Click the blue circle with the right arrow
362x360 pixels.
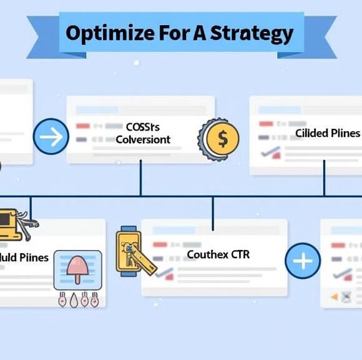click(x=51, y=136)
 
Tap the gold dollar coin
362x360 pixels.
click(x=221, y=138)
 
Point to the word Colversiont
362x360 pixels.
click(x=143, y=139)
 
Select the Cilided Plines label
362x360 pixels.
click(x=327, y=133)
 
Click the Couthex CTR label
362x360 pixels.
click(x=218, y=255)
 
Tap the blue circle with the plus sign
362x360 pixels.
click(x=303, y=261)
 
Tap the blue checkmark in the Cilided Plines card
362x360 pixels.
click(x=271, y=153)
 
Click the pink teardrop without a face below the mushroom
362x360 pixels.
click(x=73, y=299)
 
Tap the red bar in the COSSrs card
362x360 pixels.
click(x=83, y=126)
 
